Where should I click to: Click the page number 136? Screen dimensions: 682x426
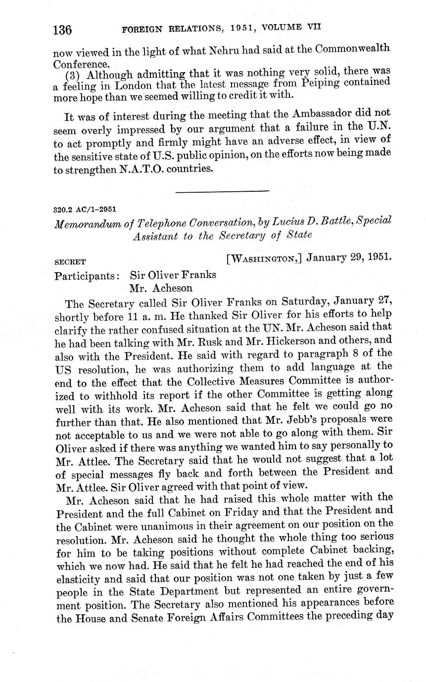pyautogui.click(x=63, y=30)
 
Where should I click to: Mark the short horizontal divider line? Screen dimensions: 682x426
pyautogui.click(x=222, y=190)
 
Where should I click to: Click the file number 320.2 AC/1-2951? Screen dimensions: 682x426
pyautogui.click(x=85, y=210)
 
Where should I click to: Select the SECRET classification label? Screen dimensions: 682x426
pyautogui.click(x=70, y=262)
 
